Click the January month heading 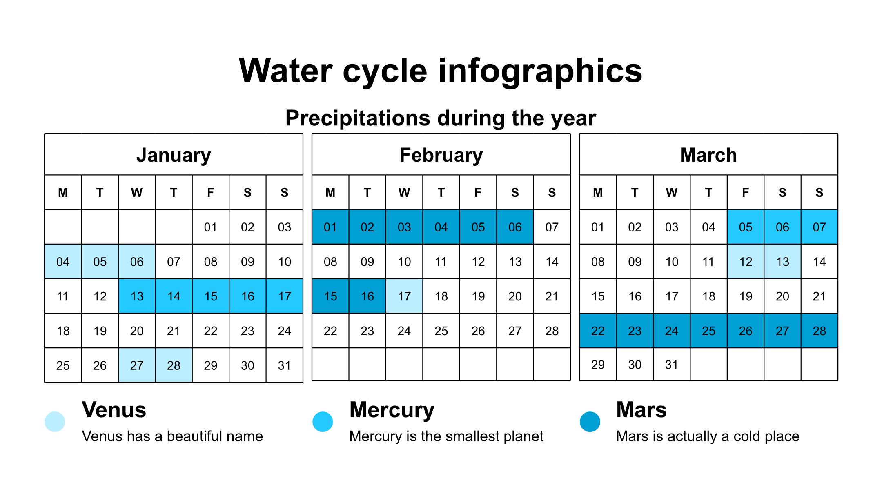coord(174,155)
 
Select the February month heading coord(441,155)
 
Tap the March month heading coord(708,155)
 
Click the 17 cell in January coord(284,296)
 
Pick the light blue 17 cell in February coord(404,296)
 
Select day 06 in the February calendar coord(515,227)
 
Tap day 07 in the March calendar coord(819,227)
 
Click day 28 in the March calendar coord(819,331)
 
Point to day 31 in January coord(284,365)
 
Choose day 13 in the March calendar coord(782,262)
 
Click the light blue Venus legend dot coord(55,422)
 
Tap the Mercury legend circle coord(323,422)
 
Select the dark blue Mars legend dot coord(590,422)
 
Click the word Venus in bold coord(114,410)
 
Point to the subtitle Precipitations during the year coord(441,118)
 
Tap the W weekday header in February coord(404,193)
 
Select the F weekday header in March coord(746,193)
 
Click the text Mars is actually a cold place coord(708,436)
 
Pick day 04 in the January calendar coord(63,262)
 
